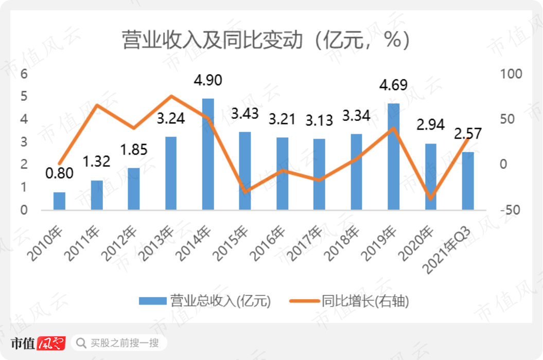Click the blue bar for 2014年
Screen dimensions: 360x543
208,154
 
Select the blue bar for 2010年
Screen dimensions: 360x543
59,201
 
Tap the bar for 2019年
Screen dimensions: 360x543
393,156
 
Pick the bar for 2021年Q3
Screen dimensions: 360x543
467,181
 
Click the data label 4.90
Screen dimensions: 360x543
208,81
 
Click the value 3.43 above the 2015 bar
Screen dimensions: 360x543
244,114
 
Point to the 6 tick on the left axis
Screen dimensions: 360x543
23,74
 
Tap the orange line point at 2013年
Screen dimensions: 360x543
171,96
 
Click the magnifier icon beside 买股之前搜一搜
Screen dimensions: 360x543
81,343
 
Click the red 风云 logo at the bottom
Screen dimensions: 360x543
52,343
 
